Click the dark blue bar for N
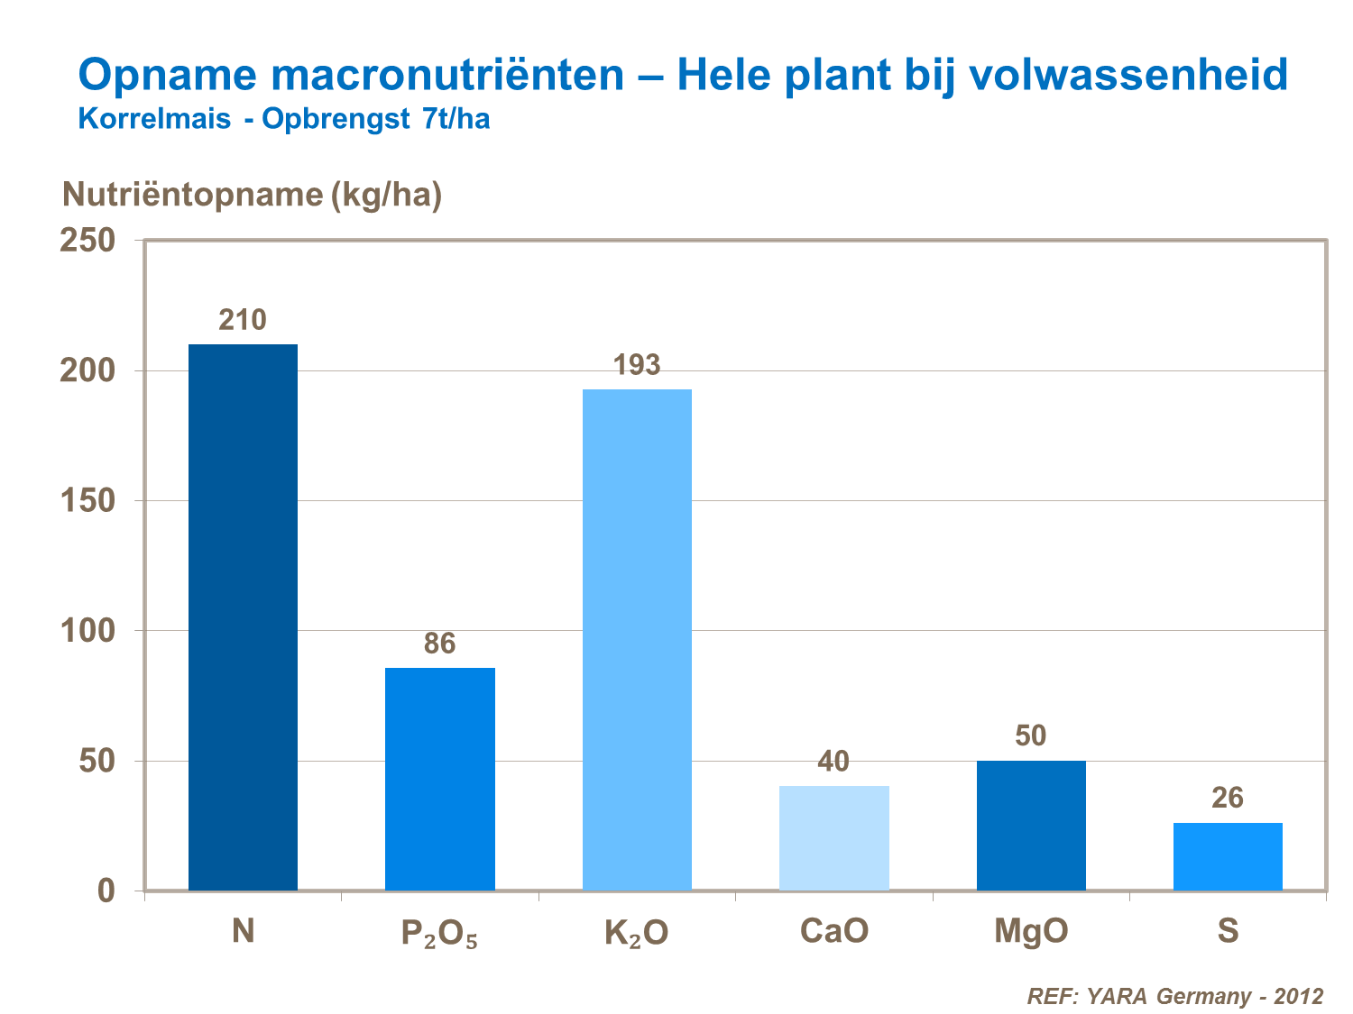[243, 617]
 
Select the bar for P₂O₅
[439, 780]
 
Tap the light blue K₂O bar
[637, 640]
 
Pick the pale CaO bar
[833, 838]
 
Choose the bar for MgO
[1031, 826]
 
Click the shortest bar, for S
[1228, 856]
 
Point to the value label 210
[243, 320]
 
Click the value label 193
[637, 365]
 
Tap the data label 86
[439, 644]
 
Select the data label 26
[1228, 798]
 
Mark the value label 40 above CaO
[833, 762]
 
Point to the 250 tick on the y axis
[87, 241]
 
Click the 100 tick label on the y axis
[87, 631]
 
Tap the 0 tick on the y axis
[106, 891]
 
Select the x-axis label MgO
[1031, 931]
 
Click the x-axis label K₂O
[637, 933]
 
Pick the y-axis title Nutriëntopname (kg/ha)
[252, 195]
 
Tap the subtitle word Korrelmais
[154, 119]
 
